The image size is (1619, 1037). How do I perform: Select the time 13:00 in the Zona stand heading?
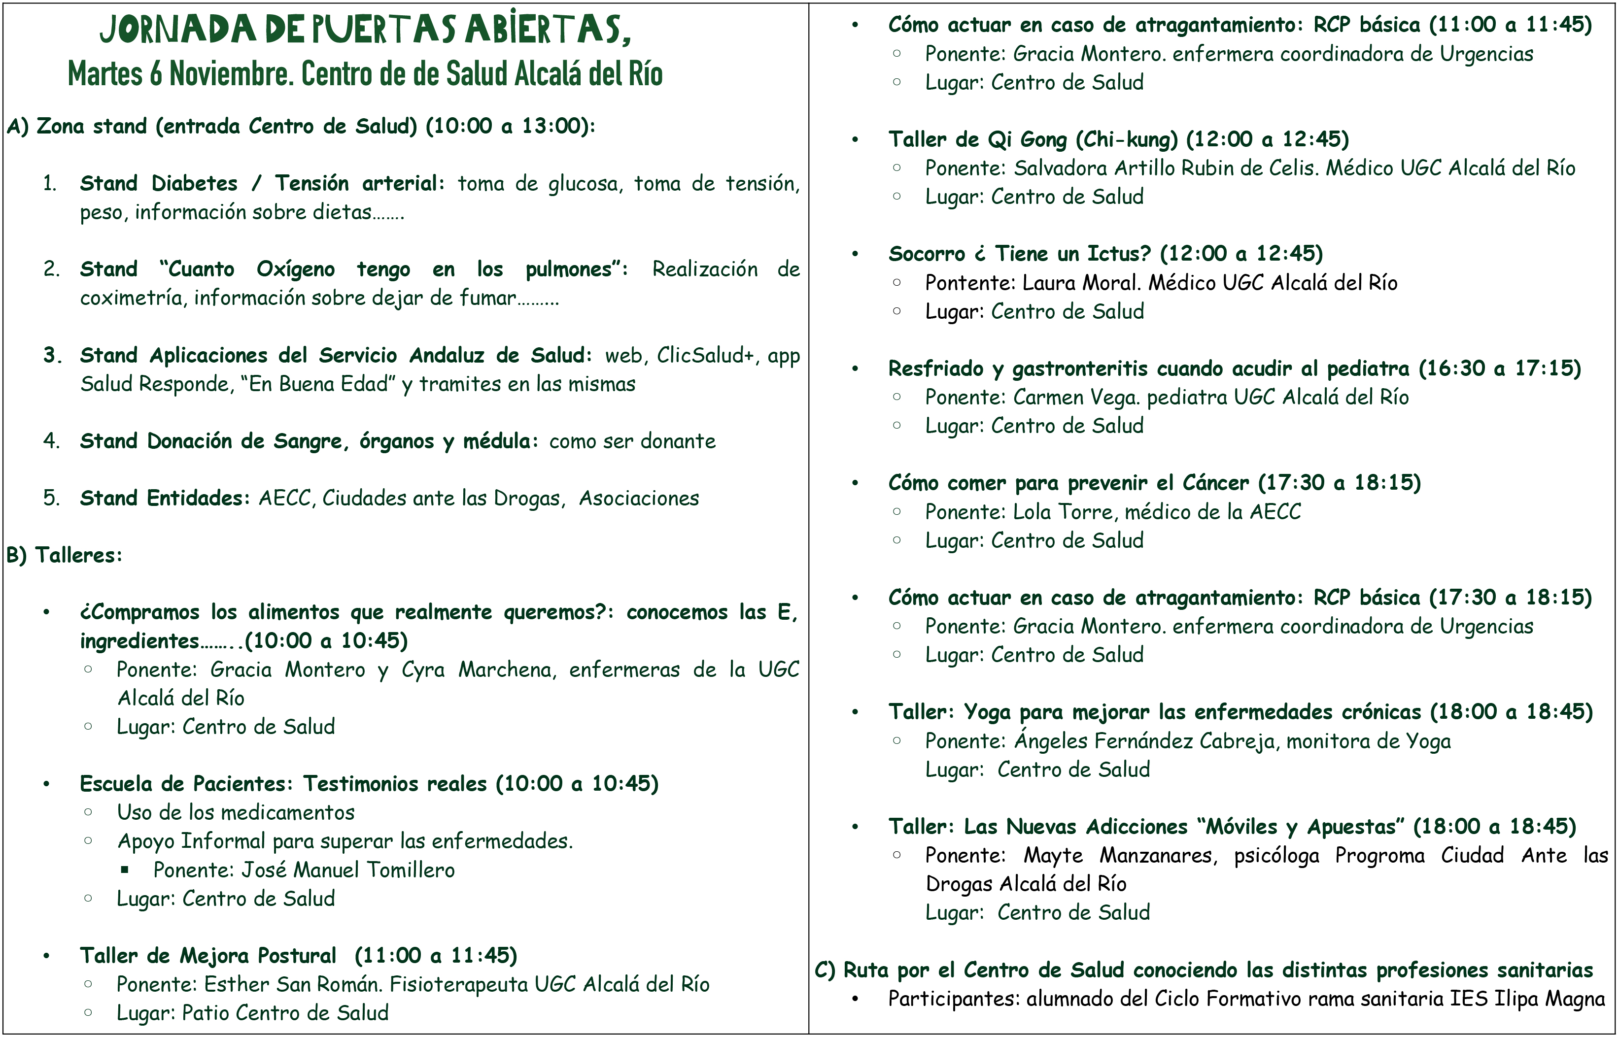tap(554, 126)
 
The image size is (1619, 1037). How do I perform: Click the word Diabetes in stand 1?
tap(195, 183)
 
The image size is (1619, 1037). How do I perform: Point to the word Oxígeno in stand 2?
tap(296, 269)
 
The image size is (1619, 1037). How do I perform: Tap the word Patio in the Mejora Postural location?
tap(206, 1013)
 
